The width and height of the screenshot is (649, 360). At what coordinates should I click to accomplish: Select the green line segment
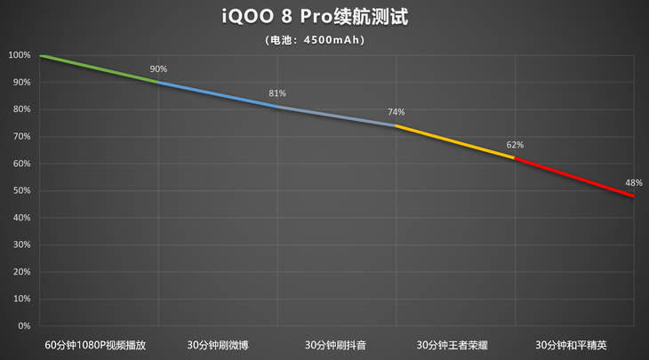coord(99,68)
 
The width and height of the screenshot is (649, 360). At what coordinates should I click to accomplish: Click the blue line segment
coord(218,94)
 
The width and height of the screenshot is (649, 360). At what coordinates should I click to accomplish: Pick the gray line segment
coord(336,116)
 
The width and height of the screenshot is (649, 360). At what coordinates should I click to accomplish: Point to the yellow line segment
coord(455,141)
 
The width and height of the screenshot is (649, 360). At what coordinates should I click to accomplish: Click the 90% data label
coord(158,69)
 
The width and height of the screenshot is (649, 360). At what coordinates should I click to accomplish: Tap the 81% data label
coord(276,93)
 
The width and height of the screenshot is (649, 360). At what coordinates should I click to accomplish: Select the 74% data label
coord(396,112)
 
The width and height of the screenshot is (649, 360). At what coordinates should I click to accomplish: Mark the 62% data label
coord(515,144)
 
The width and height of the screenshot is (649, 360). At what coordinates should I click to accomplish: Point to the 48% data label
coord(634,182)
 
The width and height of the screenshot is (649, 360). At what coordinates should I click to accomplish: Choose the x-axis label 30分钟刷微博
coord(218,344)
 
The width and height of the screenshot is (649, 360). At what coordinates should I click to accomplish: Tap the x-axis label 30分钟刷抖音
coord(336,344)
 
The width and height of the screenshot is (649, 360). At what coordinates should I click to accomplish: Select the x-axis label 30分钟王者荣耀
coord(455,344)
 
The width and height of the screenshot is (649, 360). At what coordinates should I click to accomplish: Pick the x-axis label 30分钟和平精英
coord(574,344)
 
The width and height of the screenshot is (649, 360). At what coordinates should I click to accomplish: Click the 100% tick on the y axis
coord(20,55)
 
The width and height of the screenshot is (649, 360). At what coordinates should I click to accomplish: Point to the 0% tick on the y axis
coord(23,325)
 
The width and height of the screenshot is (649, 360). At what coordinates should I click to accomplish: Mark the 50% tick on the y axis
coord(21,190)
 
